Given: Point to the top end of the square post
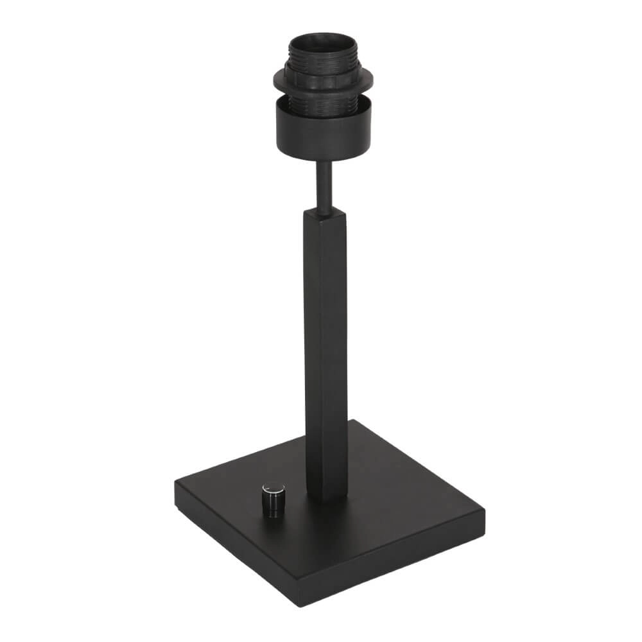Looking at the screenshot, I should click(324, 215).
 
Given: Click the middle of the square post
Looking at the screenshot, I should click(326, 353).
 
